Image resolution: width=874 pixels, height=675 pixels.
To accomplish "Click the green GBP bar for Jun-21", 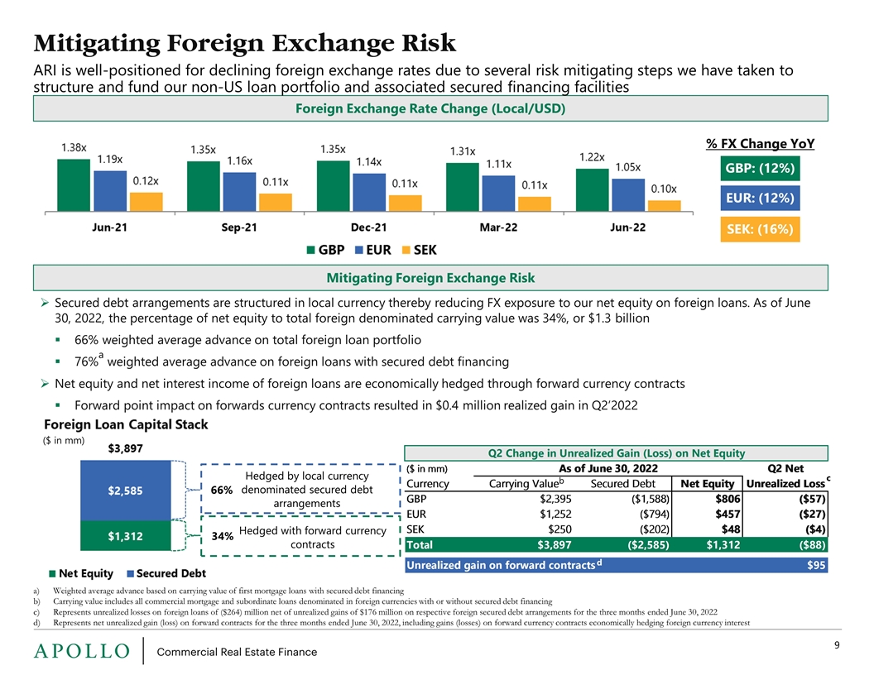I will tap(73, 185).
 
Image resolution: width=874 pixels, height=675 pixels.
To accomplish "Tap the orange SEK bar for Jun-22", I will tap(665, 205).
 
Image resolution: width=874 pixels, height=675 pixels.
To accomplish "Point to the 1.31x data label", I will tap(462, 151).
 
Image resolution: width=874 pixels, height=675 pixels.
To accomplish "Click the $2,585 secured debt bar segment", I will tap(126, 490).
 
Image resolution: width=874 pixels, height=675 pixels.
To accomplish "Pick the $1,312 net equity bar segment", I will tap(126, 536).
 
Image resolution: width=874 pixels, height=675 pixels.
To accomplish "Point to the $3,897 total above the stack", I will tap(126, 448).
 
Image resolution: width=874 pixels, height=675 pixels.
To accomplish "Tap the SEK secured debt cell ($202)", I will tap(649, 529).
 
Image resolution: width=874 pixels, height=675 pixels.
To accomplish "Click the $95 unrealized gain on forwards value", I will tap(815, 566).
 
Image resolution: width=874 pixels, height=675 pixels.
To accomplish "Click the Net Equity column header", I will tap(707, 484).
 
